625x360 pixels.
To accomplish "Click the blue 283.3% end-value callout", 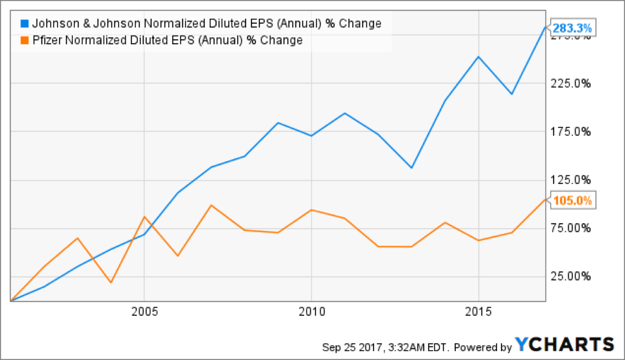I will pyautogui.click(x=572, y=28).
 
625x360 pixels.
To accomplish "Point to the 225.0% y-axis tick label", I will pyautogui.click(x=570, y=83).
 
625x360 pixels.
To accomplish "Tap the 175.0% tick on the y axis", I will pyautogui.click(x=570, y=132).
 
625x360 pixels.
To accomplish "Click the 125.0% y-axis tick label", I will pyautogui.click(x=570, y=180).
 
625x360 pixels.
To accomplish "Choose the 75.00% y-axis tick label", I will pyautogui.click(x=570, y=228).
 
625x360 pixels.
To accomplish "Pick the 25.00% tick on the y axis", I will pyautogui.click(x=570, y=276).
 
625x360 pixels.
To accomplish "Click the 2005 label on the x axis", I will pyautogui.click(x=144, y=311).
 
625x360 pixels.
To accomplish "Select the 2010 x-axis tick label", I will pyautogui.click(x=312, y=311).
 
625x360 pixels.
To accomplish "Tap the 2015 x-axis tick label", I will pyautogui.click(x=478, y=311).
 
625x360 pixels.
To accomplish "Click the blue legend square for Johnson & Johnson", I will pyautogui.click(x=25, y=23).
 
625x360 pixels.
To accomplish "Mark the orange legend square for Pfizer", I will pyautogui.click(x=25, y=40).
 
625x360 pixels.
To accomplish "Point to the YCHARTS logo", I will pyautogui.click(x=565, y=344).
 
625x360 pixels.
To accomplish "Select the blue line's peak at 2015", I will pyautogui.click(x=478, y=57).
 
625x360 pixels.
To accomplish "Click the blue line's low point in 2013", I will pyautogui.click(x=411, y=168).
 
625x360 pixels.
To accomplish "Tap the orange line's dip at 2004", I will pyautogui.click(x=111, y=283).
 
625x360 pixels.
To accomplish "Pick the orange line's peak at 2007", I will pyautogui.click(x=211, y=205).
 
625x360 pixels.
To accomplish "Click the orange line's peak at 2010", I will pyautogui.click(x=312, y=210).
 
